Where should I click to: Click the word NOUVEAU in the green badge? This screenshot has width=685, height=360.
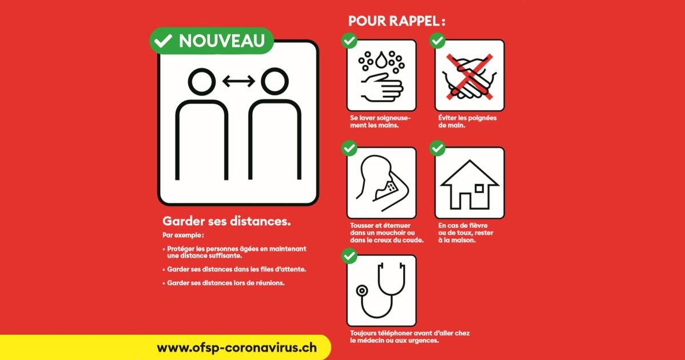(222, 41)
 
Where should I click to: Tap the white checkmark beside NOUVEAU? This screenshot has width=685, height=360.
(163, 41)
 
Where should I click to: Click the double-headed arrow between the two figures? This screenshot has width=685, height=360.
(238, 81)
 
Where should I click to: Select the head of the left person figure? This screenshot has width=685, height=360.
(201, 82)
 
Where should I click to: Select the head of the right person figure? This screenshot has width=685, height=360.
(275, 82)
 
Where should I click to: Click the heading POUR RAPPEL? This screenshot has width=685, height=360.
(397, 21)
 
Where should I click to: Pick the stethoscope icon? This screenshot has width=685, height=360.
(381, 291)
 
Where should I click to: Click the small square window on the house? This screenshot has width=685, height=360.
(479, 189)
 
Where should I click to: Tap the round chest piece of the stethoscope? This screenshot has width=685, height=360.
(362, 291)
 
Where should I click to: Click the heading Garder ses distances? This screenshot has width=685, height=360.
(226, 221)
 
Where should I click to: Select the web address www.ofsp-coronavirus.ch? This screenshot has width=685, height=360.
(237, 348)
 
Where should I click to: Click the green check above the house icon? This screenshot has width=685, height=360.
(437, 149)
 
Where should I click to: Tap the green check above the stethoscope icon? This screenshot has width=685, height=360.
(349, 256)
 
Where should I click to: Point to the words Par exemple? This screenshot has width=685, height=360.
(183, 235)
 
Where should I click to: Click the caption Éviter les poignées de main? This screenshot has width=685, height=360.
(468, 122)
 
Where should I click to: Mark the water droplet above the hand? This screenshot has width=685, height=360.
(381, 60)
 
